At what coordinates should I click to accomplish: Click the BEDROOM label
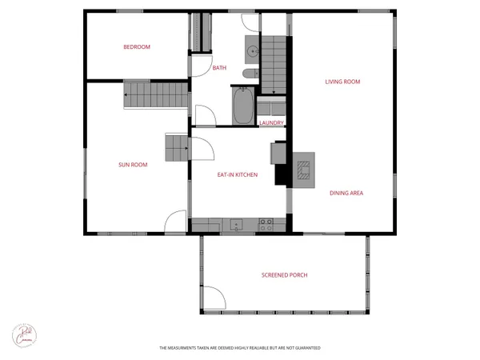pyautogui.click(x=137, y=47)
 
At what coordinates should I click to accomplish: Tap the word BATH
pyautogui.click(x=219, y=68)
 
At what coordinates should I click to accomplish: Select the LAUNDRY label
pyautogui.click(x=272, y=122)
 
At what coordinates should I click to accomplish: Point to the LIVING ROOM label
pyautogui.click(x=342, y=82)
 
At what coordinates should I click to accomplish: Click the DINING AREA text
pyautogui.click(x=346, y=193)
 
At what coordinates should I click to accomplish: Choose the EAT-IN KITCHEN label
pyautogui.click(x=238, y=174)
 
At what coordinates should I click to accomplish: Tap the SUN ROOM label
pyautogui.click(x=133, y=165)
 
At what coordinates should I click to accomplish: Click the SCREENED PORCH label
pyautogui.click(x=284, y=275)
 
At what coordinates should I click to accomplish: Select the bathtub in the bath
pyautogui.click(x=242, y=106)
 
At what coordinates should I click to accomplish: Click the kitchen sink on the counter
pyautogui.click(x=235, y=222)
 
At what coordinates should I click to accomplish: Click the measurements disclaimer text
pyautogui.click(x=239, y=349)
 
